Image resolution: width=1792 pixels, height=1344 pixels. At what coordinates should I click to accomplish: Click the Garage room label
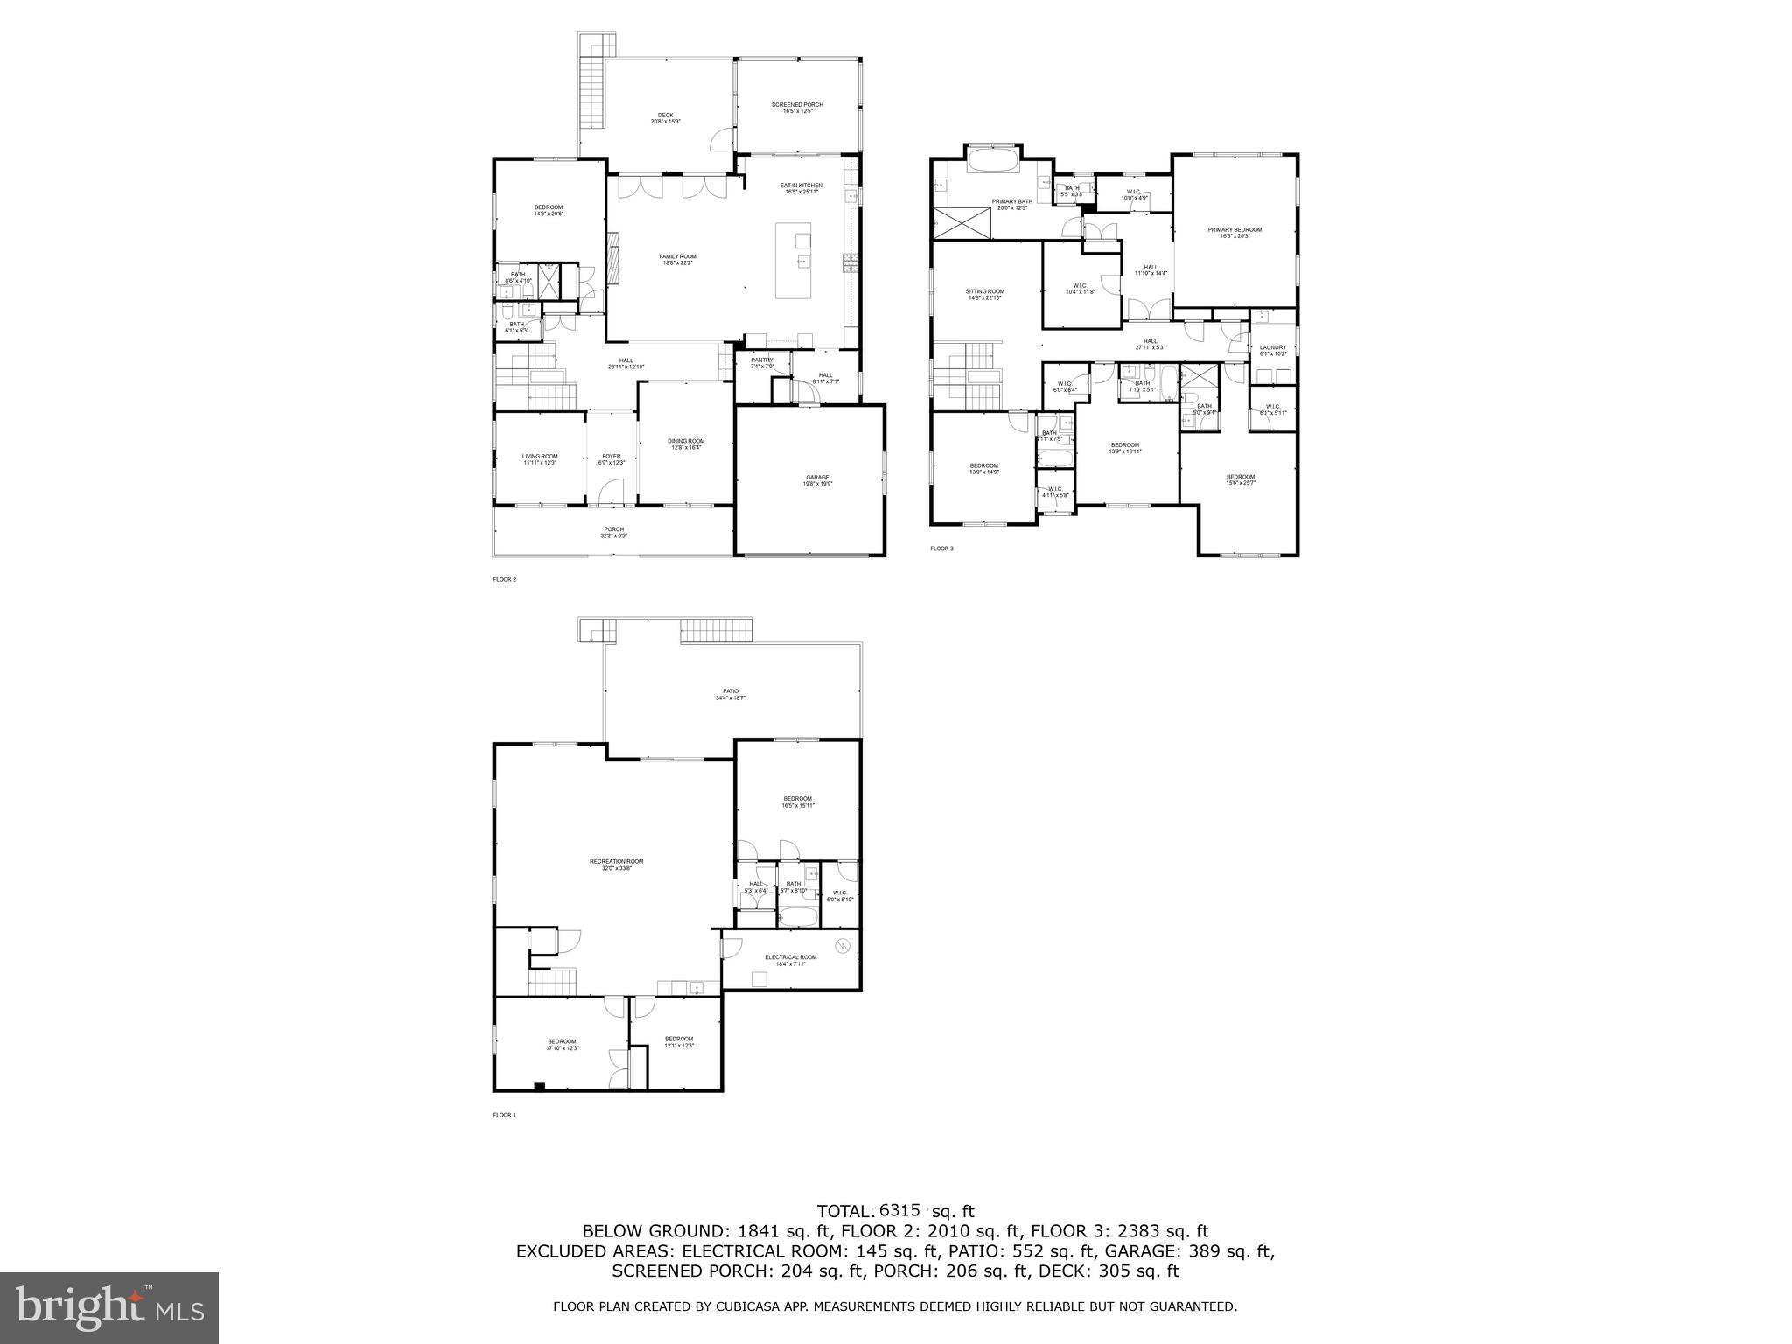click(x=817, y=478)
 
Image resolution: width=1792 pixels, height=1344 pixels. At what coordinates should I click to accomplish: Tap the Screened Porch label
click(x=797, y=105)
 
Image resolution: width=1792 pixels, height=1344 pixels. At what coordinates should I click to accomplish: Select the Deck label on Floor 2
click(x=665, y=115)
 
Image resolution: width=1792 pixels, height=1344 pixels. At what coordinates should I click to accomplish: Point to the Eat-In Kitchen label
click(x=801, y=185)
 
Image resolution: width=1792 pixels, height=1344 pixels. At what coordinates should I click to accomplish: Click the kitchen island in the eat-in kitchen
click(x=793, y=261)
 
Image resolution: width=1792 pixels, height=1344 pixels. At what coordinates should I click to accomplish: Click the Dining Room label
click(x=686, y=441)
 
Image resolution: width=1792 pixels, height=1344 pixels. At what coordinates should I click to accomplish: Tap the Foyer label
click(x=611, y=456)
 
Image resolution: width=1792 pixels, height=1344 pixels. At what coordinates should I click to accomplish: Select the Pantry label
click(x=761, y=360)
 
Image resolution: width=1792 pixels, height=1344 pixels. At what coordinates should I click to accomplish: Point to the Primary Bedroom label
click(x=1235, y=230)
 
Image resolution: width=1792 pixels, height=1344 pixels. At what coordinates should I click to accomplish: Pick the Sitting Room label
click(x=984, y=291)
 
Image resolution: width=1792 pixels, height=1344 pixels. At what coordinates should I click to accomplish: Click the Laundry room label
click(x=1273, y=347)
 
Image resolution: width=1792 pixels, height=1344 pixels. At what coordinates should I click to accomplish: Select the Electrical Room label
click(x=790, y=957)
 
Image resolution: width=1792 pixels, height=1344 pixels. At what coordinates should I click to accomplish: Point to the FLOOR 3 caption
click(x=941, y=549)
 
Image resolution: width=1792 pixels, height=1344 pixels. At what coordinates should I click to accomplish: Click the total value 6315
click(x=899, y=1210)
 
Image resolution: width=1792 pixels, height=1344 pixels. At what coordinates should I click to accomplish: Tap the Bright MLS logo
click(x=109, y=1308)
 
